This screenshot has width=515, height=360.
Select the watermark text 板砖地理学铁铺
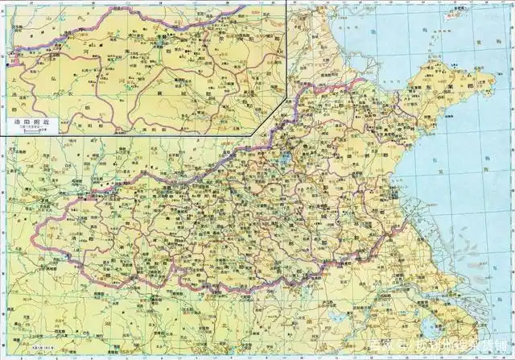459,348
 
